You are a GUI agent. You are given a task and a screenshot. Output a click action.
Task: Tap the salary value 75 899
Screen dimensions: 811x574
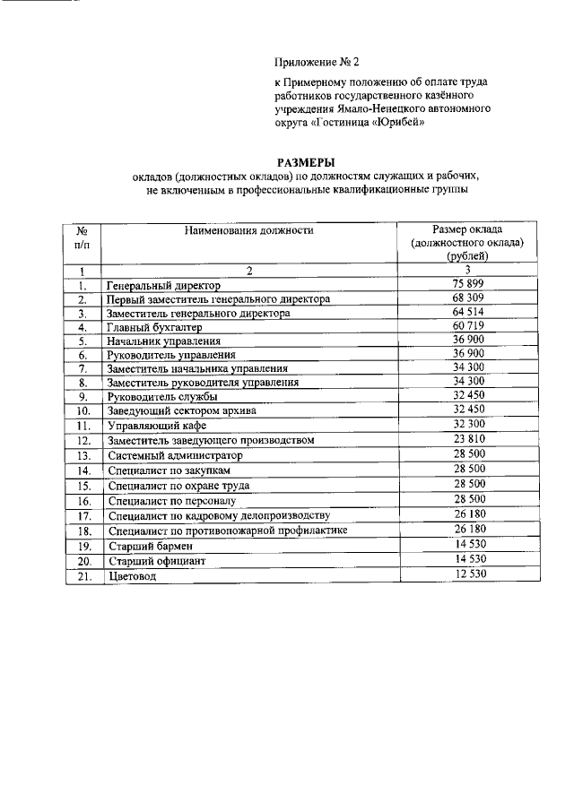(468, 284)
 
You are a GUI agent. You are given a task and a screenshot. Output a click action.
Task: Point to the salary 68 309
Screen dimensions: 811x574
(468, 298)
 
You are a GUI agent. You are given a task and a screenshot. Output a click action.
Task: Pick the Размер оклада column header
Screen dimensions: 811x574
(467, 243)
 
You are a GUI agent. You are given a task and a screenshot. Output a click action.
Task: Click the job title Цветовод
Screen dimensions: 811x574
(131, 576)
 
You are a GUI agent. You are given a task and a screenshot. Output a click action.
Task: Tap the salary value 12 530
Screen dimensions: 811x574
(468, 574)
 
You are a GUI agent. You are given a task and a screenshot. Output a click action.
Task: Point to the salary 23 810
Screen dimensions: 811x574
(468, 440)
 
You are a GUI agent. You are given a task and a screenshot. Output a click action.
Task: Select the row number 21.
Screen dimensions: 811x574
(82, 576)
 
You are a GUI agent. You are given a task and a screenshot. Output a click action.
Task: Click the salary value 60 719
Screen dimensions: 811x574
(468, 327)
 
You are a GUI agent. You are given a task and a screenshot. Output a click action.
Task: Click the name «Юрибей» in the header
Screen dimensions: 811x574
(393, 125)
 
